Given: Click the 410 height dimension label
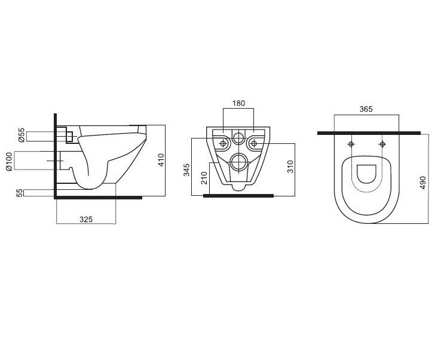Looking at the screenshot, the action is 161,160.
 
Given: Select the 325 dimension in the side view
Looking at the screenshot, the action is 86,219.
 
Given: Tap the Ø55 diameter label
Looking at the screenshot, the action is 22,135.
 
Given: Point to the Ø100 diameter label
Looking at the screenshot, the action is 10,161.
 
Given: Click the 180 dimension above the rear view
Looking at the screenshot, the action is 238,103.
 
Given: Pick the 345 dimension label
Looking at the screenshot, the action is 186,170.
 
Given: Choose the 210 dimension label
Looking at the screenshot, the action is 204,178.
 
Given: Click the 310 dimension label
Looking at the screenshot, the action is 290,167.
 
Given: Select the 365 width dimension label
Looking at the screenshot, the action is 366,109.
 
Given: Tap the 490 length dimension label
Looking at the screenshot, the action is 422,183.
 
